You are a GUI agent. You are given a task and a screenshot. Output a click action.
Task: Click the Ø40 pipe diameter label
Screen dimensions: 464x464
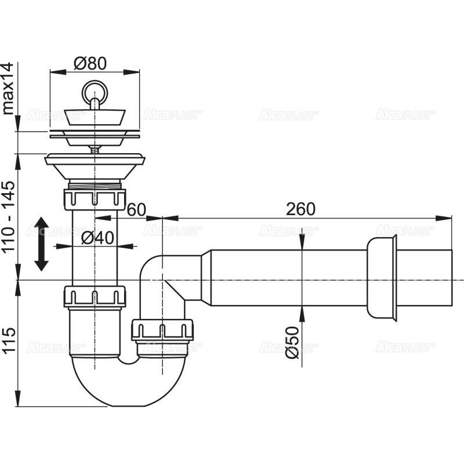tap(95, 238)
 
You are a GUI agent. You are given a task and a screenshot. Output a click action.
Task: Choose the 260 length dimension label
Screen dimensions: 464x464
tap(300, 209)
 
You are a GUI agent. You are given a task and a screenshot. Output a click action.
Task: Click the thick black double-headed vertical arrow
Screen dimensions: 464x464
tap(41, 244)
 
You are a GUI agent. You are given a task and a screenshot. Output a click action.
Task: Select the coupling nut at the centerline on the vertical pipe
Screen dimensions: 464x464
tap(95, 296)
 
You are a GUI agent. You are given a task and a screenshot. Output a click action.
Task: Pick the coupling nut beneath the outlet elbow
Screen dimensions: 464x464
tap(162, 329)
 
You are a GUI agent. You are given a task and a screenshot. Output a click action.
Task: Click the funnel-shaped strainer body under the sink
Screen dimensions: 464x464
tap(94, 168)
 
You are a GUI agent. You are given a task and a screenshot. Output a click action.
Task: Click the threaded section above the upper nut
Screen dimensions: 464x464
tap(94, 185)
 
